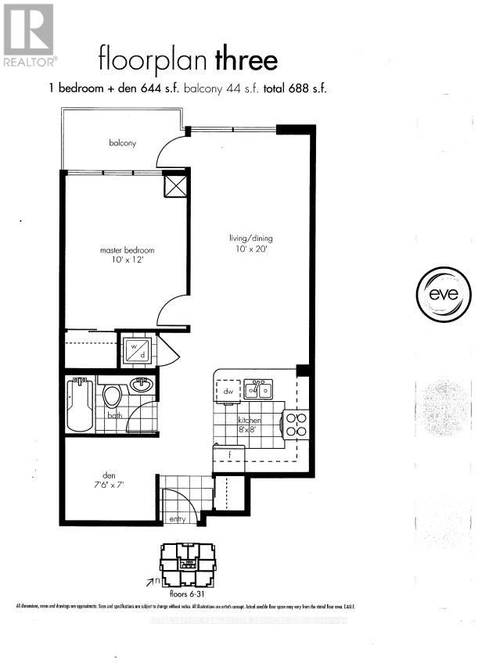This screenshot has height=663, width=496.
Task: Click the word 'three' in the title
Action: (248, 59)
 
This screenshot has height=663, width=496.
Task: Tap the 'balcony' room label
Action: (123, 143)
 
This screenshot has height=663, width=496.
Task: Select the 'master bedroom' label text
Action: (127, 250)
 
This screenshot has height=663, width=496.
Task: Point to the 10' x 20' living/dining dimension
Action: (250, 249)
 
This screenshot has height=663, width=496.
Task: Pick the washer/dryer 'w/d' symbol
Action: (138, 350)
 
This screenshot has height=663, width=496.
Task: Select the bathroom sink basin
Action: (142, 384)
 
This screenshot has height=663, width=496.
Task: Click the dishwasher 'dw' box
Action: (228, 390)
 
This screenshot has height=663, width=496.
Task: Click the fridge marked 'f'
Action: (229, 456)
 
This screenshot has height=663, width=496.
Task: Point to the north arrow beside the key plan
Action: (149, 581)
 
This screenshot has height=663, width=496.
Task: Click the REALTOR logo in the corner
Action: (29, 34)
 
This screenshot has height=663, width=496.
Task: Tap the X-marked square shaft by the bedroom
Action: (175, 185)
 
